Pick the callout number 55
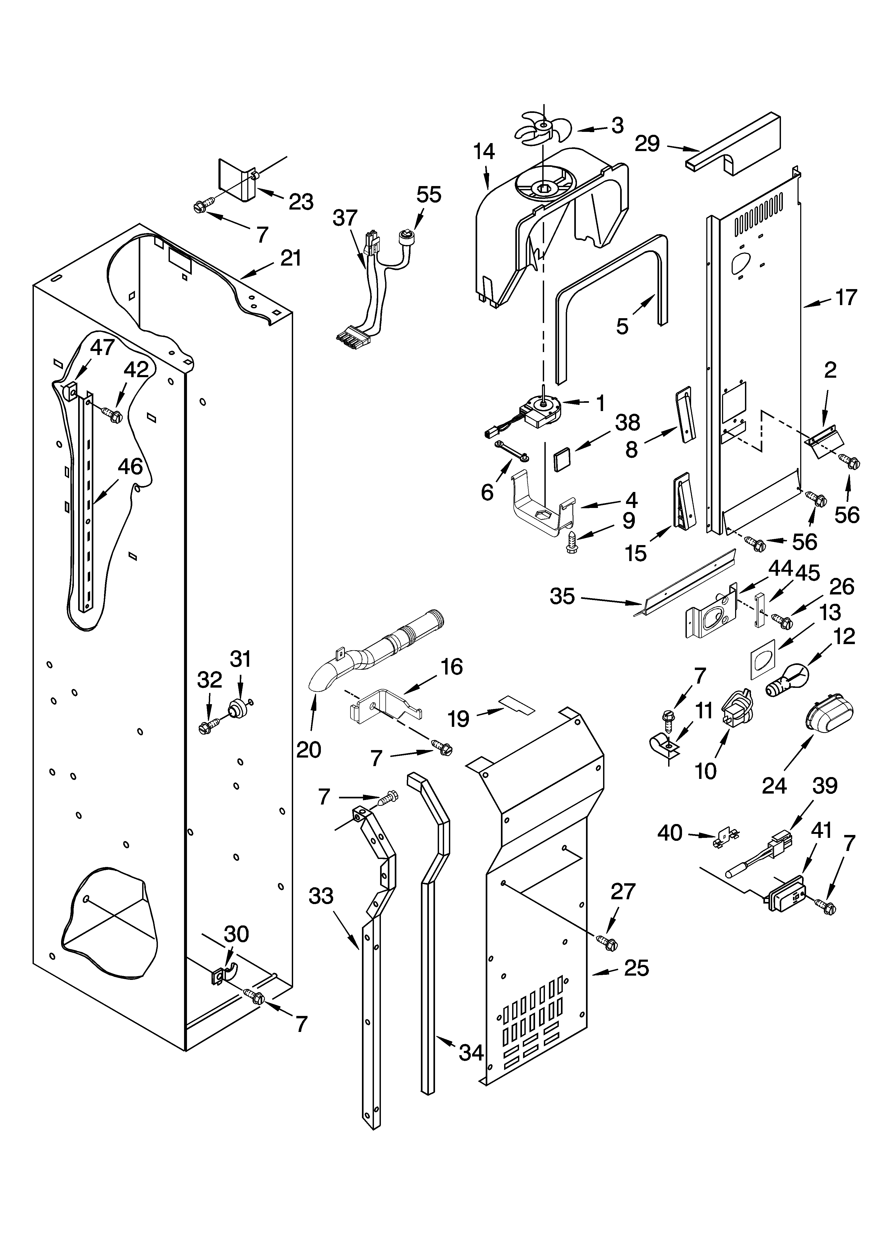[429, 194]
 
